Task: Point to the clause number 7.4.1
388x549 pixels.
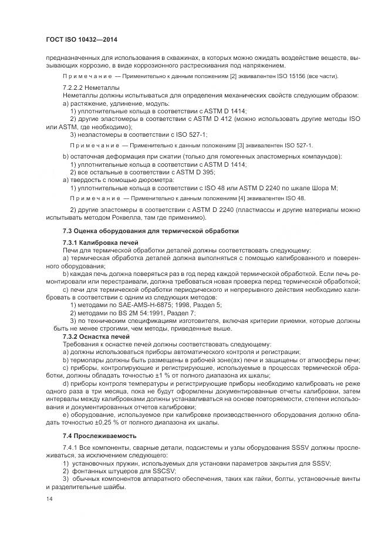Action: [x=72, y=447]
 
